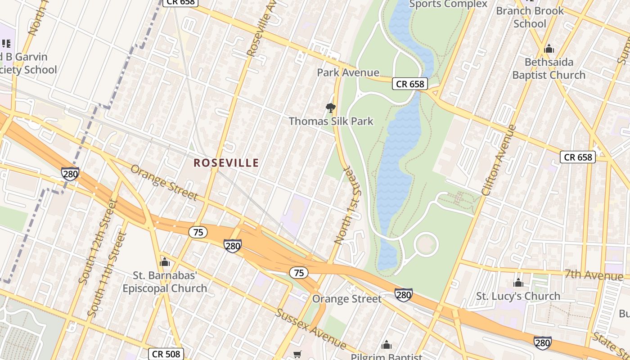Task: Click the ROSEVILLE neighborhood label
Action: [226, 163]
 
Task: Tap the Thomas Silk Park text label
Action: [331, 121]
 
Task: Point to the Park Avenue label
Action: [348, 72]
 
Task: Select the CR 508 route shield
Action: [166, 354]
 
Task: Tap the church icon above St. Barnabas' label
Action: [165, 262]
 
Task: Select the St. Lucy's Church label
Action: [518, 296]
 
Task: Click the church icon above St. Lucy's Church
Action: [518, 283]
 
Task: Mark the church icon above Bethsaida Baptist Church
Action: [549, 49]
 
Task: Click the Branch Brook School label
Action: [530, 17]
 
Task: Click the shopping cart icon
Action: [297, 355]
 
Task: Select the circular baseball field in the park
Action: [425, 245]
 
